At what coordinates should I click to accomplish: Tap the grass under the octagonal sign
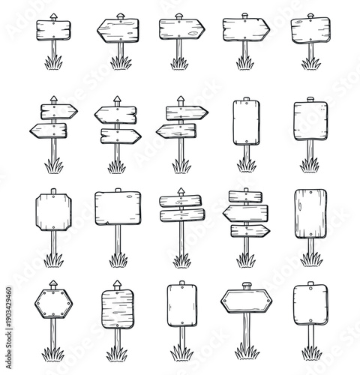coord(52,260)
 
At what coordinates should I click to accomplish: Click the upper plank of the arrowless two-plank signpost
coord(181,201)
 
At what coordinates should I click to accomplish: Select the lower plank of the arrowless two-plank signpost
coord(181,215)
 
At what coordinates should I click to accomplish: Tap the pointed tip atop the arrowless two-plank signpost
coord(181,190)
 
